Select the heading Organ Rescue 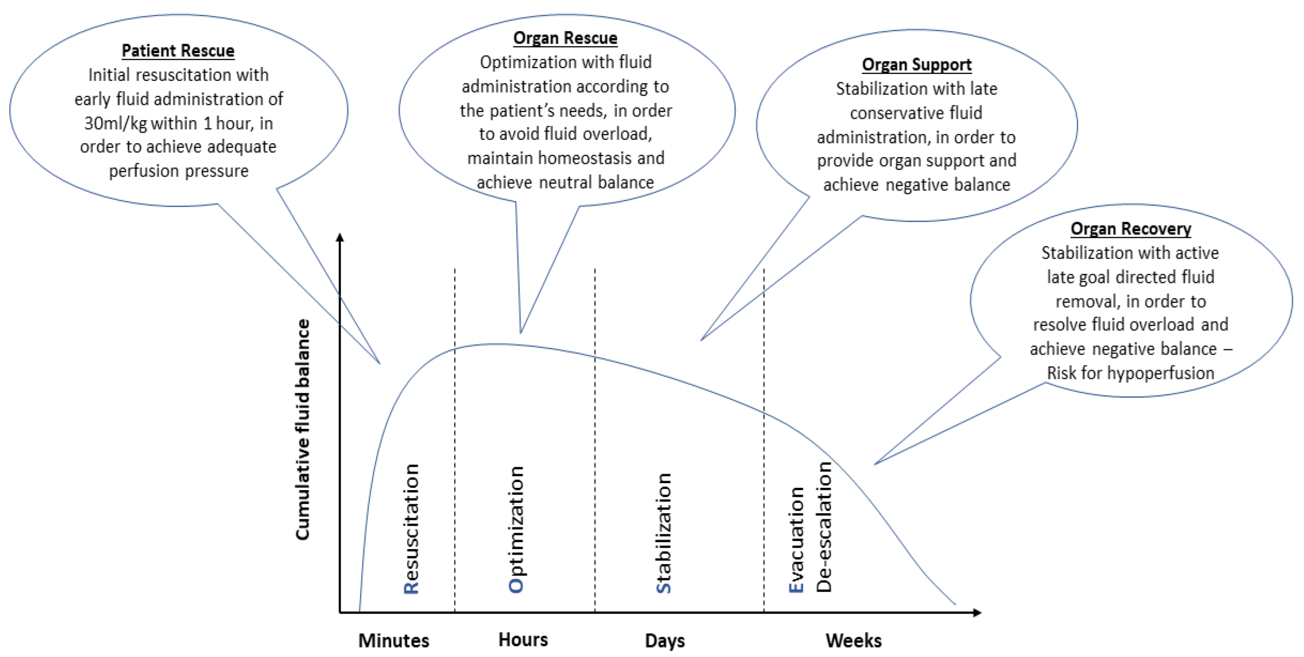pos(565,38)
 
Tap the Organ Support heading pos(916,65)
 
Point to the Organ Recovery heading pos(1130,228)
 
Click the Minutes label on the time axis pos(393,640)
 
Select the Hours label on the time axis pos(523,639)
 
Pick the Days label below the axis pos(664,640)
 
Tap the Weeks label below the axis pos(853,640)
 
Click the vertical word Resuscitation pos(411,528)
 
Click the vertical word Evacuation pos(796,539)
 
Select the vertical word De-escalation pos(824,527)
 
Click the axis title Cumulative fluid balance pos(302,429)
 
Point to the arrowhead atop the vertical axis pos(340,237)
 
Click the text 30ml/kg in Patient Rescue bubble pos(115,123)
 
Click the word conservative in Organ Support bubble pos(890,113)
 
